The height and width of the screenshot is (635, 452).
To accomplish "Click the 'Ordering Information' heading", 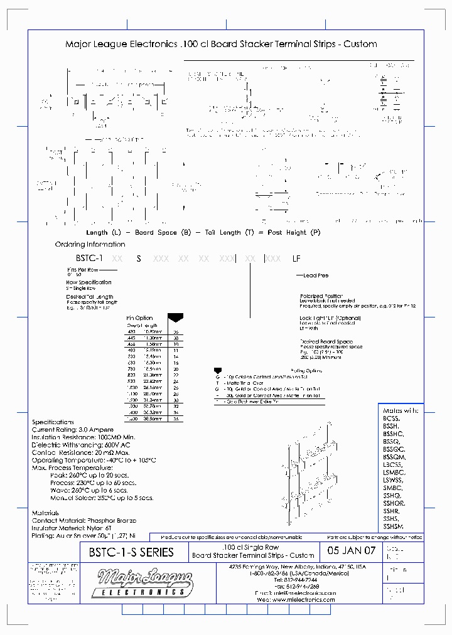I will pyautogui.click(x=90, y=244).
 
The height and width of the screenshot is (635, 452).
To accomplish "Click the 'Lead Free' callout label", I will pyautogui.click(x=316, y=275).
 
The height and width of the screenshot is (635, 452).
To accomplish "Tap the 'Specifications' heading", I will pyautogui.click(x=53, y=422).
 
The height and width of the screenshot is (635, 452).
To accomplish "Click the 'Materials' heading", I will pyautogui.click(x=45, y=513).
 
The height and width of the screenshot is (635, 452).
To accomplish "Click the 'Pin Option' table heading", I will pyautogui.click(x=139, y=318).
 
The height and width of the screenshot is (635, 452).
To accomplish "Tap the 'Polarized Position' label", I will pyautogui.click(x=321, y=295).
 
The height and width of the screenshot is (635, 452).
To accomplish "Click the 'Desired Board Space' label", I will pyautogui.click(x=326, y=342).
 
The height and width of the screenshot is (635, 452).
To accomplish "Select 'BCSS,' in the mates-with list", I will pyautogui.click(x=391, y=417).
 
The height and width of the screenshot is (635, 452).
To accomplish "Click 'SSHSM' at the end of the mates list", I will pyautogui.click(x=394, y=526).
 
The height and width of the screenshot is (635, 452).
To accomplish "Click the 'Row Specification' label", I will pyautogui.click(x=89, y=282).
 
